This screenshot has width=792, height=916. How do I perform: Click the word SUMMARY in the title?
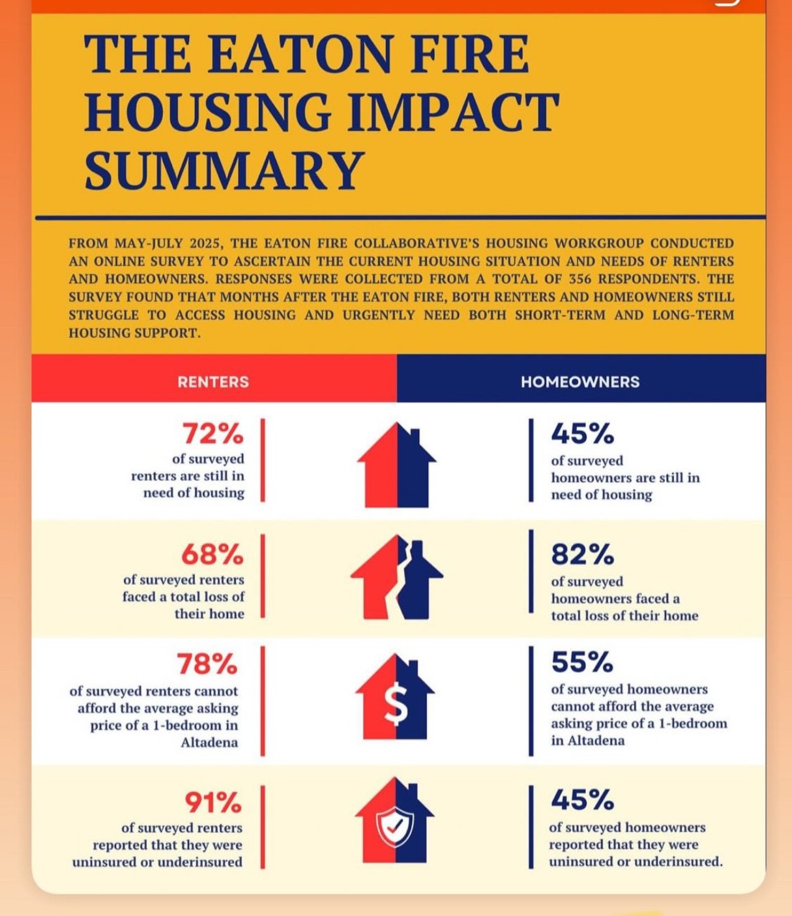pyautogui.click(x=224, y=169)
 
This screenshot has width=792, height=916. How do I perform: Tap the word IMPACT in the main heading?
pyautogui.click(x=452, y=111)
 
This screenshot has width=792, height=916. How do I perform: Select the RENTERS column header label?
pyautogui.click(x=213, y=381)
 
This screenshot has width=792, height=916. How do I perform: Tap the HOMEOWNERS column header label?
pyautogui.click(x=580, y=381)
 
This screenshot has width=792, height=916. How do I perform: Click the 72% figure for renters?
pyautogui.click(x=213, y=433)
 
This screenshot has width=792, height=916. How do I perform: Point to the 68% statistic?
pyautogui.click(x=212, y=554)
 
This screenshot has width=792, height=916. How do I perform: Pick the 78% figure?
pyautogui.click(x=207, y=664)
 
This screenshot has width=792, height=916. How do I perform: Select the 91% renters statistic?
pyautogui.click(x=213, y=802)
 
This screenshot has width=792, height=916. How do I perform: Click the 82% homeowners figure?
pyautogui.click(x=582, y=554)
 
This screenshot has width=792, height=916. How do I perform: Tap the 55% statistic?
pyautogui.click(x=582, y=662)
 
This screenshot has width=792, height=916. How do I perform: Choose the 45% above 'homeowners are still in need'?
pyautogui.click(x=582, y=433)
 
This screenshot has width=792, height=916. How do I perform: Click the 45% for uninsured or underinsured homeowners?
pyautogui.click(x=582, y=799)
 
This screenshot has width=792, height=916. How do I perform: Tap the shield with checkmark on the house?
pyautogui.click(x=395, y=827)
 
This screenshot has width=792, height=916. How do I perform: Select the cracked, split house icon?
pyautogui.click(x=396, y=578)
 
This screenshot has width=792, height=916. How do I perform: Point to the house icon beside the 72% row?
pyautogui.click(x=396, y=465)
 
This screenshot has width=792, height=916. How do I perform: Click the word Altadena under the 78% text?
pyautogui.click(x=209, y=743)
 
